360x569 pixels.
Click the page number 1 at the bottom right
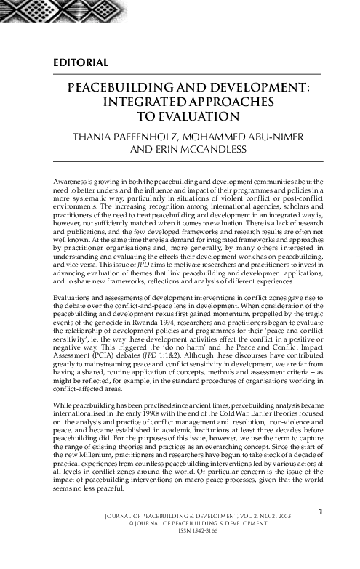320,533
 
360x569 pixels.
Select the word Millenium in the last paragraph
99,451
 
